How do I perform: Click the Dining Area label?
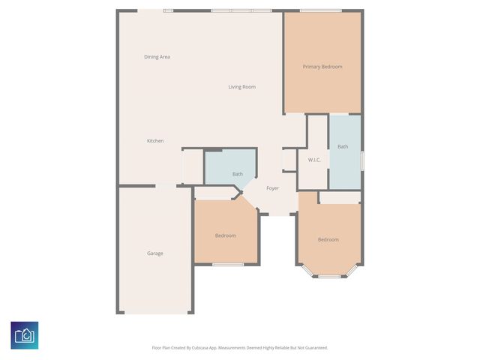tap(157, 57)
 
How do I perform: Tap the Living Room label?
tap(241, 87)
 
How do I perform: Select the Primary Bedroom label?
tap(322, 67)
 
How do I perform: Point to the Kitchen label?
tap(155, 141)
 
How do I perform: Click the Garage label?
tap(154, 253)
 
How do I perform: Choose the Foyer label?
tap(272, 188)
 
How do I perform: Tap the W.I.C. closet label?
tap(315, 160)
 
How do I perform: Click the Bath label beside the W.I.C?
tap(343, 147)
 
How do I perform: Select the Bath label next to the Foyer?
tap(237, 175)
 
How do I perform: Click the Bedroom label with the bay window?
tap(328, 240)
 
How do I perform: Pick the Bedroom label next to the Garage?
tap(226, 235)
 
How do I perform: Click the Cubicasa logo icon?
tap(25, 334)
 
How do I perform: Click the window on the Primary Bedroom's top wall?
tap(320, 10)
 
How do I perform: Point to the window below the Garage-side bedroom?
tap(227, 264)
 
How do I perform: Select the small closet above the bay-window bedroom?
tap(340, 197)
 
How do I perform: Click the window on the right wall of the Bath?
tap(361, 160)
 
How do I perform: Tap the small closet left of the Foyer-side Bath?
tap(193, 166)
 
